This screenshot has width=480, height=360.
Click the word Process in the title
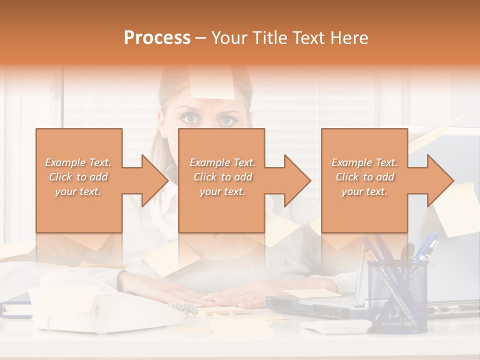coord(157,38)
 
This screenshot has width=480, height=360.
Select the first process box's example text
coord(78,177)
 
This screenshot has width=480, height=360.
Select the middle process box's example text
coord(222,177)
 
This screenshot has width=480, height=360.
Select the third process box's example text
coord(364,177)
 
